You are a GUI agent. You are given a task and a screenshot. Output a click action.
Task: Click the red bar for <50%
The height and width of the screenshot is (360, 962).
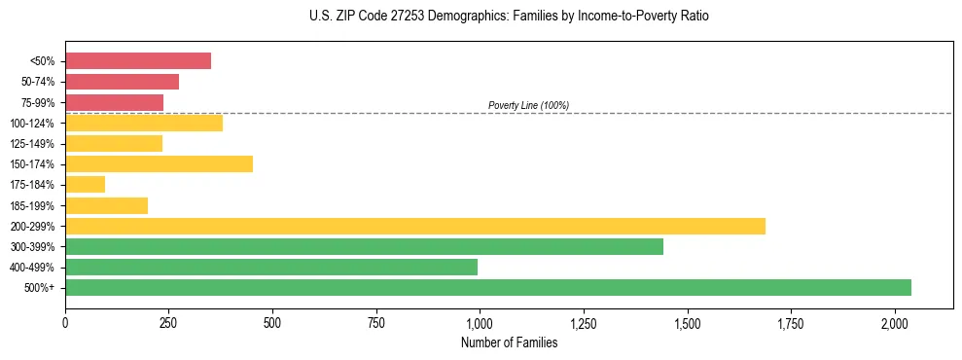point(138,61)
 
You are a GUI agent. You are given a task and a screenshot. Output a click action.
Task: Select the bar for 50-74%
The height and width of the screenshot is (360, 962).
point(122,82)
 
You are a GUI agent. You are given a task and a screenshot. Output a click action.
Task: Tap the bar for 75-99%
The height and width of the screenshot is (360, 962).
point(114,102)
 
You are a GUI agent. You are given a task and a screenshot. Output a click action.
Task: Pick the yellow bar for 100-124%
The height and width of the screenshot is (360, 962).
point(144,123)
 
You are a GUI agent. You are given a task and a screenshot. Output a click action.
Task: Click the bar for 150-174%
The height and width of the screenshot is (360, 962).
point(159,164)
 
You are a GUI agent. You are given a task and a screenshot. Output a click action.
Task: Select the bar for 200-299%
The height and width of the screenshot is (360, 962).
point(415,226)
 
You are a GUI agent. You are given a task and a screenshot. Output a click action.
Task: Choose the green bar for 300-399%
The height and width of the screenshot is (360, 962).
point(364,246)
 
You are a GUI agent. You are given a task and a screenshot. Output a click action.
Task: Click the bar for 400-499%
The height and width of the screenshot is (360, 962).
point(271,267)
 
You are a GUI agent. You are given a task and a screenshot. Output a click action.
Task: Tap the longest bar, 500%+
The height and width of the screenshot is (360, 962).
point(488,287)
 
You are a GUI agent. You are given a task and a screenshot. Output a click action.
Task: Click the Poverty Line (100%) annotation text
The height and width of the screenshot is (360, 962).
point(528,105)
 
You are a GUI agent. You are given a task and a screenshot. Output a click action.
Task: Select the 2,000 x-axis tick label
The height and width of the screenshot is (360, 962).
point(895,322)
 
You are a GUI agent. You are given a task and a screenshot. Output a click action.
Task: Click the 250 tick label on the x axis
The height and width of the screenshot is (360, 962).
point(168,322)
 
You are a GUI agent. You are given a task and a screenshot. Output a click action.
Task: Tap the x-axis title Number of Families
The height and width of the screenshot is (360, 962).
point(509,342)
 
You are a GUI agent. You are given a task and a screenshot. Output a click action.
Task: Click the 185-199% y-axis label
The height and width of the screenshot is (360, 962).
point(31,206)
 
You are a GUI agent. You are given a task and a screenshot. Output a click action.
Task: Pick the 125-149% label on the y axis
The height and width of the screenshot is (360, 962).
point(31,144)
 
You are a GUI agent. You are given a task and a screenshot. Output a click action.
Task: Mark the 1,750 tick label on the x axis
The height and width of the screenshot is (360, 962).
point(791,322)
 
